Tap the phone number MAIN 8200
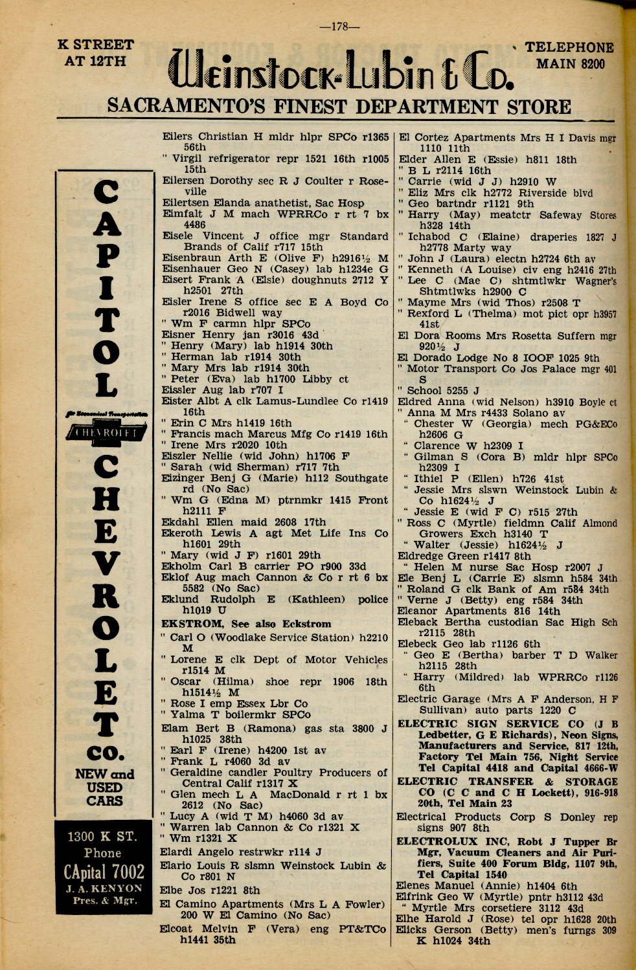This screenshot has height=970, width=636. pyautogui.click(x=571, y=63)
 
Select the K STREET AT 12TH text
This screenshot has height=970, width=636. pyautogui.click(x=96, y=52)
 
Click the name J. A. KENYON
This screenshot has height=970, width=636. pyautogui.click(x=104, y=888)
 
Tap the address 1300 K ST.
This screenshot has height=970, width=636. pyautogui.click(x=103, y=836)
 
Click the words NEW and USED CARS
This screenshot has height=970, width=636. pyautogui.click(x=104, y=787)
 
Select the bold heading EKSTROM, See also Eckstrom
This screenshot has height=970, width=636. pyautogui.click(x=245, y=624)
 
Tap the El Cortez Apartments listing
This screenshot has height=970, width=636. pyautogui.click(x=472, y=138)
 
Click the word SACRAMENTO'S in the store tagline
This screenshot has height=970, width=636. pyautogui.click(x=185, y=106)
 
